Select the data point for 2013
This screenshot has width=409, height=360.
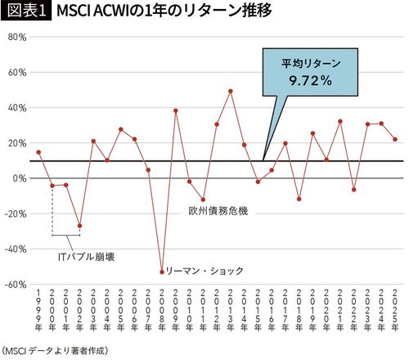point(231,91)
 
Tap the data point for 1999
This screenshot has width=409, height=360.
point(38,152)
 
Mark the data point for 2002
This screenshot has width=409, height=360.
point(80,226)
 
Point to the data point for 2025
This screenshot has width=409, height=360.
point(395,139)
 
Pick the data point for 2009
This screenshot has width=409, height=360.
point(176,110)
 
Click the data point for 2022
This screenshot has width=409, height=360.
point(354,189)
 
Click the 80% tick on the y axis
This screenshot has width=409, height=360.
point(17,38)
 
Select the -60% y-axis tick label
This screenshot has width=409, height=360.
point(16,285)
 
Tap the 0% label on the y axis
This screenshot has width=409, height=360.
point(20,178)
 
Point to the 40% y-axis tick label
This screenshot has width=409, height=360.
point(17,108)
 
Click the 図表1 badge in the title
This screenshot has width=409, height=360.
point(25,13)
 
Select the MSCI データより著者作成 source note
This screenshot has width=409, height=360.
point(54,349)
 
